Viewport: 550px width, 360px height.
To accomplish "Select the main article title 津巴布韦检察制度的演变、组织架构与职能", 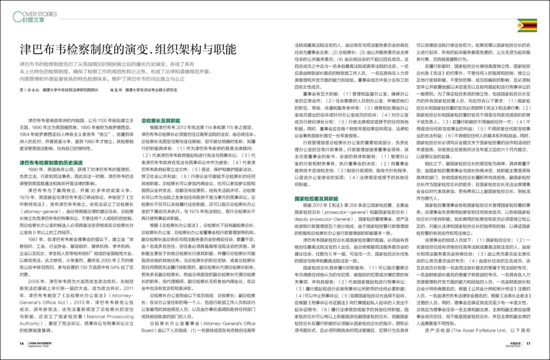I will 127,49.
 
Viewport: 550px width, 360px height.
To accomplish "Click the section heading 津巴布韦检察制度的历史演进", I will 51,162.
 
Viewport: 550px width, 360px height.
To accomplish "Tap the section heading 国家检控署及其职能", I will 316,198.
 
